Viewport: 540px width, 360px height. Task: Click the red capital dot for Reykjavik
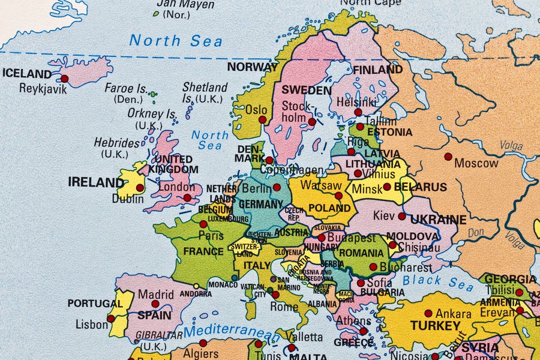pyautogui.click(x=64, y=79)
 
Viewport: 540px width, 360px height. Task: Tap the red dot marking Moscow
pyautogui.click(x=448, y=157)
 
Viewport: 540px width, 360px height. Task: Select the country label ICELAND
pyautogui.click(x=27, y=74)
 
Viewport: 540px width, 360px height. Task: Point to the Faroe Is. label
pyautogui.click(x=126, y=88)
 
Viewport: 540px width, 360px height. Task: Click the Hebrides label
pyautogui.click(x=116, y=143)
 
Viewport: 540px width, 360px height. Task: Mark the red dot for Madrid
pyautogui.click(x=155, y=304)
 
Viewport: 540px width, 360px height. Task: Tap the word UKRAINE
pyautogui.click(x=439, y=220)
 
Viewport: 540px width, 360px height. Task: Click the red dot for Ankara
pyautogui.click(x=428, y=313)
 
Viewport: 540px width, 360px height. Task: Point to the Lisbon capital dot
pyautogui.click(x=111, y=319)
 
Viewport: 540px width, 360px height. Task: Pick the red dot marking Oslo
pyautogui.click(x=262, y=119)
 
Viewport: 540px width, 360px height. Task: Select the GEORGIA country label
pyautogui.click(x=511, y=279)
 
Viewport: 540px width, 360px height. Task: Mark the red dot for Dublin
pyautogui.click(x=140, y=188)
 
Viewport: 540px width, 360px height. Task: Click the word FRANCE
pyautogui.click(x=203, y=251)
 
